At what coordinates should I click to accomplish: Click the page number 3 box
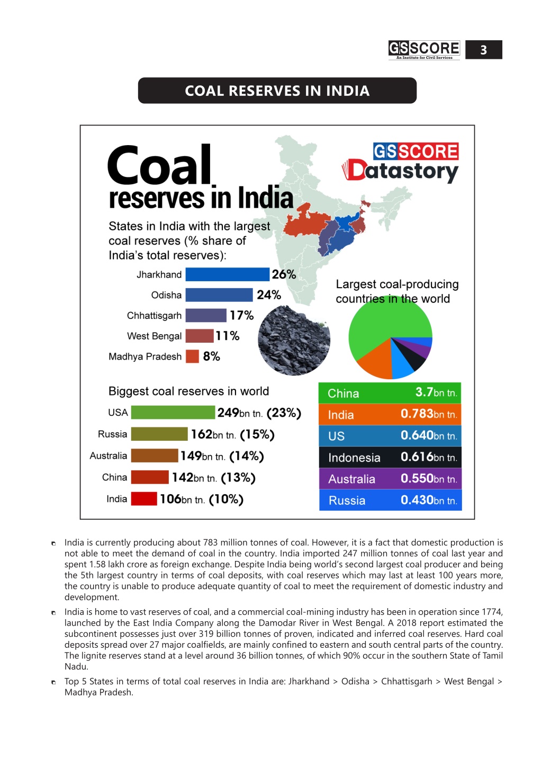click(x=483, y=50)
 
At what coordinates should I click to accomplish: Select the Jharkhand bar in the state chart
click(x=227, y=274)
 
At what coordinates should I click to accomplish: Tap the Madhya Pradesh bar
click(x=192, y=356)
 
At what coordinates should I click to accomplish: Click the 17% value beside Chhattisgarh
click(x=241, y=315)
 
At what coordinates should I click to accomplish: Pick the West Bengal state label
click(x=155, y=336)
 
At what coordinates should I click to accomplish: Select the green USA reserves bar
click(x=173, y=412)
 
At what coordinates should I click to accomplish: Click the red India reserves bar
click(x=144, y=498)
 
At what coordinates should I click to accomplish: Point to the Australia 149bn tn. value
click(x=203, y=456)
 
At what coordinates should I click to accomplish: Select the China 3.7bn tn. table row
click(x=390, y=393)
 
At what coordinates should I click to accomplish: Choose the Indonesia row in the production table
click(x=390, y=457)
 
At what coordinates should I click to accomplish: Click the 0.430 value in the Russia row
click(x=417, y=500)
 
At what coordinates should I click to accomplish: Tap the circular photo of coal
click(x=294, y=340)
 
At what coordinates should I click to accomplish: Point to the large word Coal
click(x=159, y=165)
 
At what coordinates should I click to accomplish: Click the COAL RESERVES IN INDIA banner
click(x=277, y=91)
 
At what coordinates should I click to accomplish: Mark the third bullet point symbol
click(x=53, y=682)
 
